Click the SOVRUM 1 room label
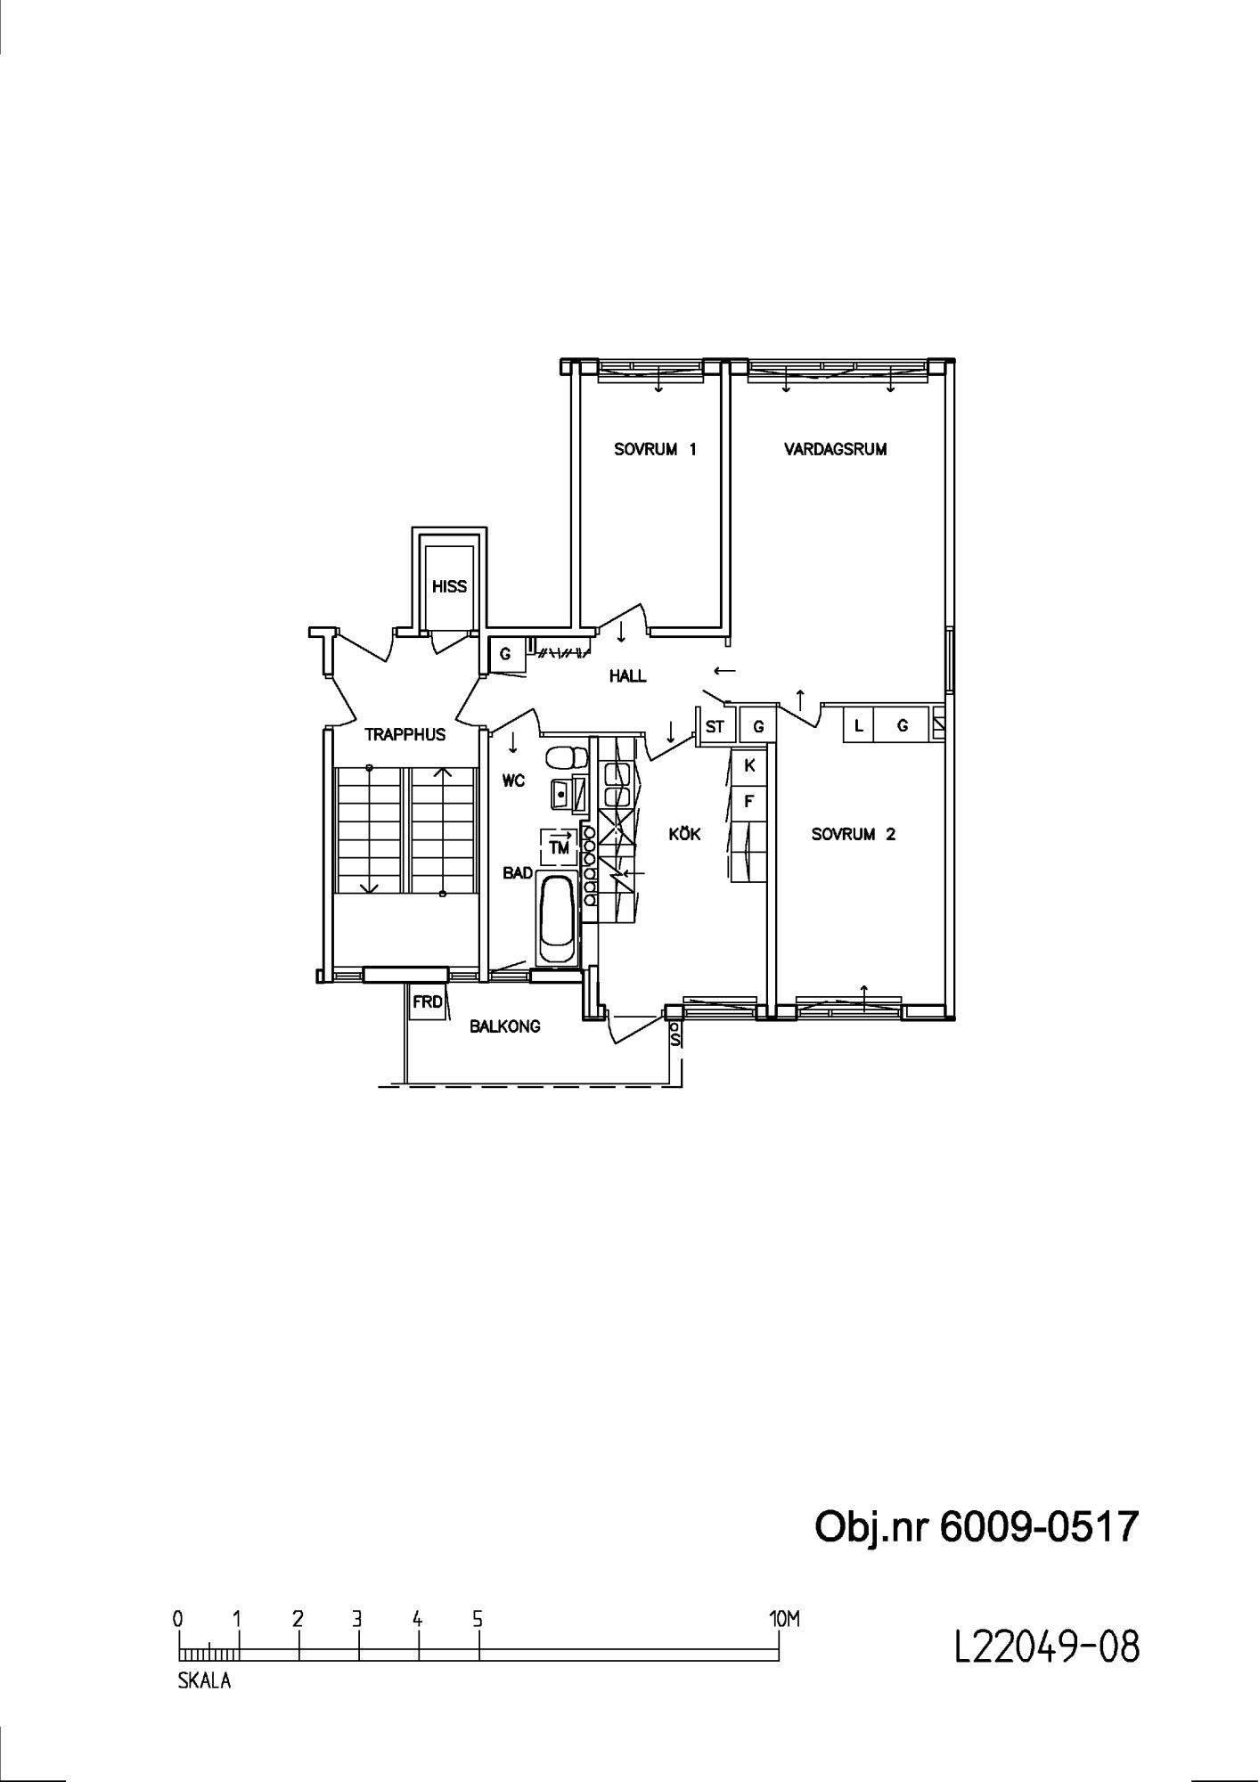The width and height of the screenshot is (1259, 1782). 655,449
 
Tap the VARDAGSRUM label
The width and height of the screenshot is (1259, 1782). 836,449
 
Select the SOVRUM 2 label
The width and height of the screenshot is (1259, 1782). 854,835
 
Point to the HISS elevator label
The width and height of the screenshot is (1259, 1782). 449,586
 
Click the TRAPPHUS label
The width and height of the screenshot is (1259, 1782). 405,735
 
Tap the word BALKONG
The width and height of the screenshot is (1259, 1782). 504,1026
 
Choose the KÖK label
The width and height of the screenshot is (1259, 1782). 684,834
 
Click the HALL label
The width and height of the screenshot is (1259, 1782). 627,676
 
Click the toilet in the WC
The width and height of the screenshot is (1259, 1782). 567,757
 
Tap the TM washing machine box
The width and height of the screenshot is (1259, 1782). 559,846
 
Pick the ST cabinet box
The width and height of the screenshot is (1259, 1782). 715,726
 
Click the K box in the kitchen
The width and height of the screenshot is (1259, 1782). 749,765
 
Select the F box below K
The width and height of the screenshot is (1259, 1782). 749,801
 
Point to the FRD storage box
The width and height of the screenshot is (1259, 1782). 427,1001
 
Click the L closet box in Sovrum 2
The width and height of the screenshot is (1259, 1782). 859,725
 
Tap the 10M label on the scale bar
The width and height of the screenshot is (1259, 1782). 784,1619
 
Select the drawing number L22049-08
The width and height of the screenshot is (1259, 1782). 1047,1647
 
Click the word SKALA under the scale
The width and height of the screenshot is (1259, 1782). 204,1682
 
